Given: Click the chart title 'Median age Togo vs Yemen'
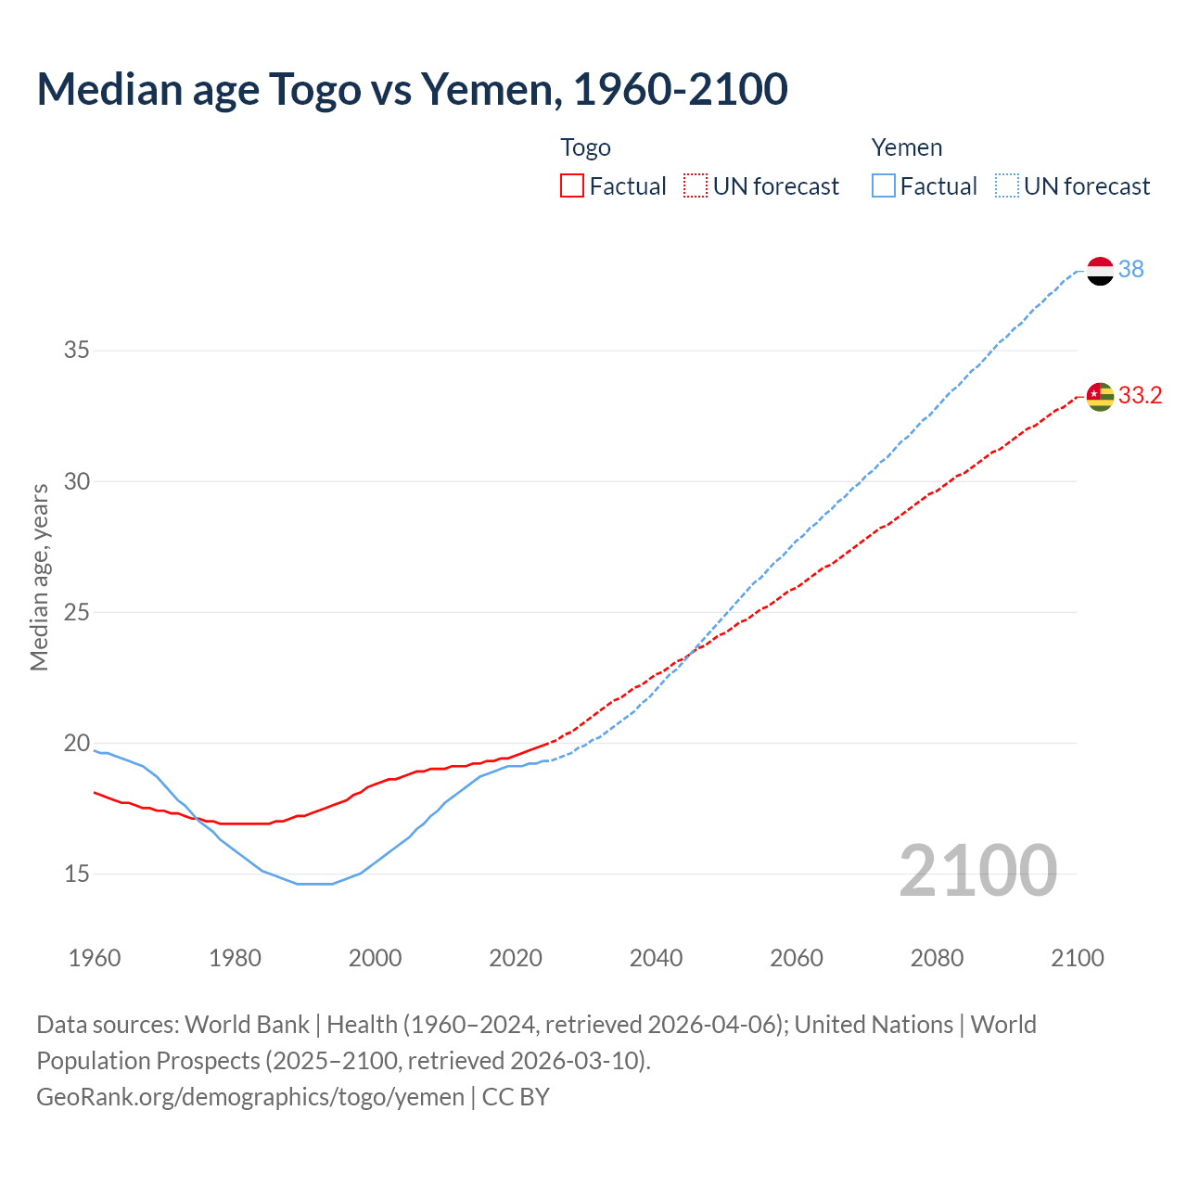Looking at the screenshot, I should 412,89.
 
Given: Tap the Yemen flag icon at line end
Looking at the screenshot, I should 1100,271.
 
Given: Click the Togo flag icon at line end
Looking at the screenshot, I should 1100,396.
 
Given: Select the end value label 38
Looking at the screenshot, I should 1130,269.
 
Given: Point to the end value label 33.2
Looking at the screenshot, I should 1140,395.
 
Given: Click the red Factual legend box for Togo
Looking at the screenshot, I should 572,186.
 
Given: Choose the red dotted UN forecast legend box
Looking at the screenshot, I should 696,186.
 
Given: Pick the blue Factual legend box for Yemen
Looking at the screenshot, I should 883,186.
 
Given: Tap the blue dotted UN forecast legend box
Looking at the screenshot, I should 1006,186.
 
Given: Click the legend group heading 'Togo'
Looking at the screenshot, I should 585,147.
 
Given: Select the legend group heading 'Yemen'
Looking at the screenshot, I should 906,147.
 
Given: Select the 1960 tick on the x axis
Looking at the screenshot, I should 95,958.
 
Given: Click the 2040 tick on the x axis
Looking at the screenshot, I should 656,958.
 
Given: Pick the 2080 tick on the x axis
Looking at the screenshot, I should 937,958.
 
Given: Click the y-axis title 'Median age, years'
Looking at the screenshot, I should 39,577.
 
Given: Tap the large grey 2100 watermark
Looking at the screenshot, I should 977,870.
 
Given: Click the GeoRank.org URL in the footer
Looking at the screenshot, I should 250,1097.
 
